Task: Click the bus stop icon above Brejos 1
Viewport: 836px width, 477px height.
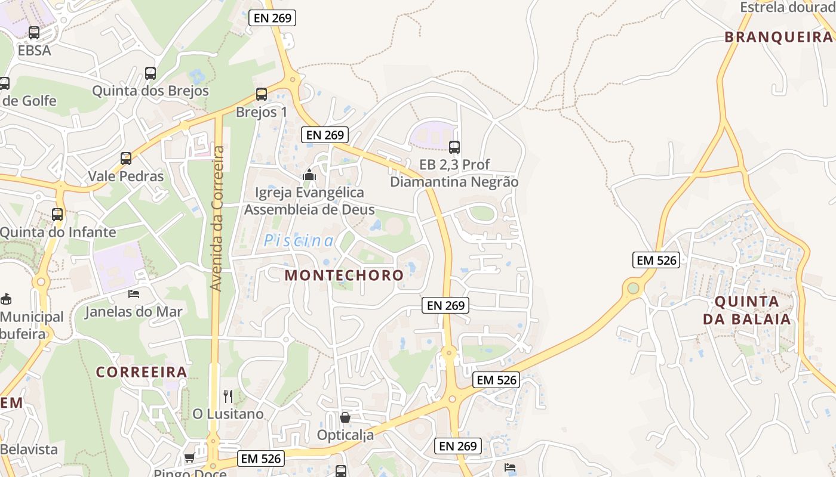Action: (262, 94)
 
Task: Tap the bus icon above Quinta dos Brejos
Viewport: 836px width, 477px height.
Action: (150, 73)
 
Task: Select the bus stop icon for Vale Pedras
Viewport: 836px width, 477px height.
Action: (126, 159)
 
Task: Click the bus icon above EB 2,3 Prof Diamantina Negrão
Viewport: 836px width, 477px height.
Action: (454, 147)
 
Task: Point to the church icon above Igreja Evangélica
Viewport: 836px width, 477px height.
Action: (309, 175)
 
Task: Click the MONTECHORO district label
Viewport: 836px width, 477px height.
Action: (344, 275)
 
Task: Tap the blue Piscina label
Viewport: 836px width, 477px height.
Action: (299, 241)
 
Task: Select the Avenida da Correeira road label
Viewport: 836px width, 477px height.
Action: (217, 218)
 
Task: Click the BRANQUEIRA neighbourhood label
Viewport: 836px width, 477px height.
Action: (778, 37)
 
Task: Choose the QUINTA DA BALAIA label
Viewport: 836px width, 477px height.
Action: (746, 310)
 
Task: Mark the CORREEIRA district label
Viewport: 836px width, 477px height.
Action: (142, 372)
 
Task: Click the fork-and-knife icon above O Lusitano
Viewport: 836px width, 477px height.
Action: (228, 396)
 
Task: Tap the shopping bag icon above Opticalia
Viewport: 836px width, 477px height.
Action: (345, 417)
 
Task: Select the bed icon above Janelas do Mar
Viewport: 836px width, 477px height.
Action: (134, 294)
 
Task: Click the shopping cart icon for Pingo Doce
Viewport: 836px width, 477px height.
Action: (190, 458)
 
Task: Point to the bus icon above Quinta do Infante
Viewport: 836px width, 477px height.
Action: (57, 215)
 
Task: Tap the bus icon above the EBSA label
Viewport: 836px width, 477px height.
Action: (34, 33)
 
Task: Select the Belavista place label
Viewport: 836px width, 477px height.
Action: (29, 449)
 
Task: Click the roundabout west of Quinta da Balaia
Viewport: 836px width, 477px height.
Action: (633, 289)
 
